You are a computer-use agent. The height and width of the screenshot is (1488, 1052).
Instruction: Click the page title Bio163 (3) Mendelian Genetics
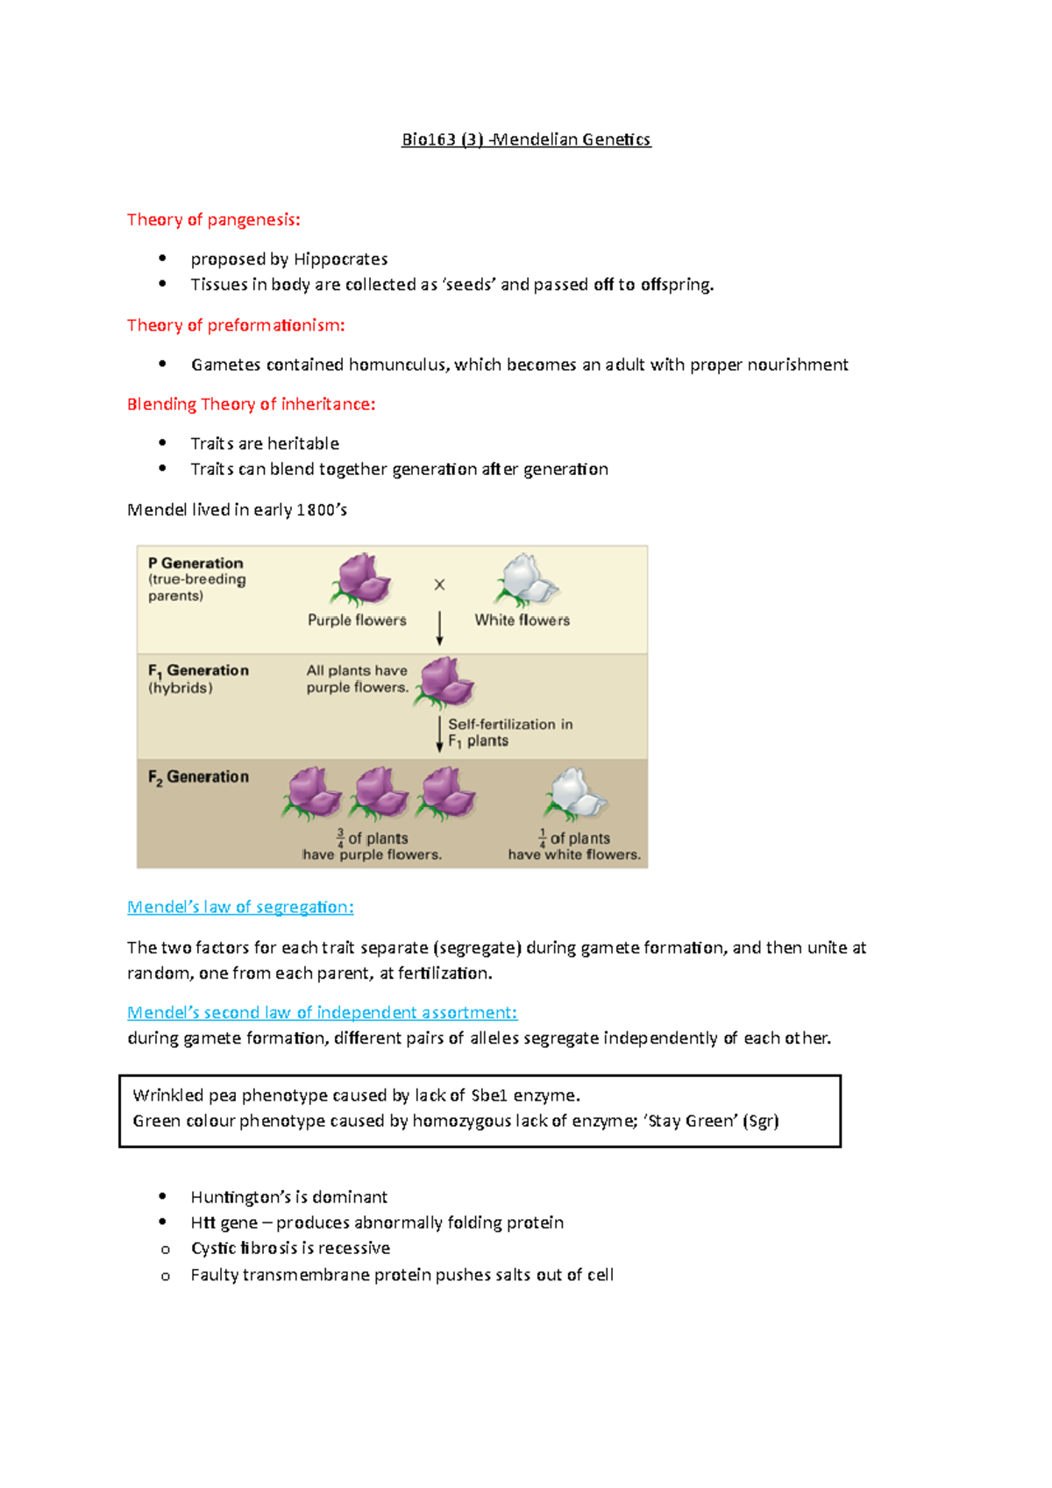(526, 139)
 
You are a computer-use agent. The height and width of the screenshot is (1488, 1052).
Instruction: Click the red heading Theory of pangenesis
(213, 220)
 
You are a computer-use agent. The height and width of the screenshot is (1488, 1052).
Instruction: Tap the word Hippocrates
(340, 259)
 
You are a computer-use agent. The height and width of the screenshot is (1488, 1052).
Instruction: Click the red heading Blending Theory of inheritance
(251, 404)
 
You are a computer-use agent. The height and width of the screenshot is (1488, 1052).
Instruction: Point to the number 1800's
(322, 510)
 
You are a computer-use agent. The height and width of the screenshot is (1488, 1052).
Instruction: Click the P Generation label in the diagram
(195, 563)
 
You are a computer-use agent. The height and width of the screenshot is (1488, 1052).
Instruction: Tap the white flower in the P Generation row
(525, 579)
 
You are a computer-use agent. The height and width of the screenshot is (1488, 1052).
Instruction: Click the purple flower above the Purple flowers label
(360, 579)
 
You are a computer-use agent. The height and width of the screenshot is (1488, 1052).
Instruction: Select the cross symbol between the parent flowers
(440, 585)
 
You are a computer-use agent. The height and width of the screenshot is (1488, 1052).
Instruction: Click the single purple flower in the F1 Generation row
(445, 681)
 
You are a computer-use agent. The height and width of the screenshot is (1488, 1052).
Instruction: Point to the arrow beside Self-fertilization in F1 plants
(440, 733)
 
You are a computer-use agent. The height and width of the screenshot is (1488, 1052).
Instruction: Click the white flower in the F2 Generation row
(575, 793)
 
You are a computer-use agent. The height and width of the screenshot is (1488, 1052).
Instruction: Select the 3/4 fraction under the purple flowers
(340, 839)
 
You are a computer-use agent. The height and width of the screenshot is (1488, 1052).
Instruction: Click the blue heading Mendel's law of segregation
(240, 907)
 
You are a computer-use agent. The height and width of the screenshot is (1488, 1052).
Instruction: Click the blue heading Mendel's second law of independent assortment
(322, 1013)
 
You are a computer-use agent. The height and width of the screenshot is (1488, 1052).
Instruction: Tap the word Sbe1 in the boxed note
(489, 1095)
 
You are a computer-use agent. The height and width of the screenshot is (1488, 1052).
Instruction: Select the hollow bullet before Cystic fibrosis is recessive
(165, 1250)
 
